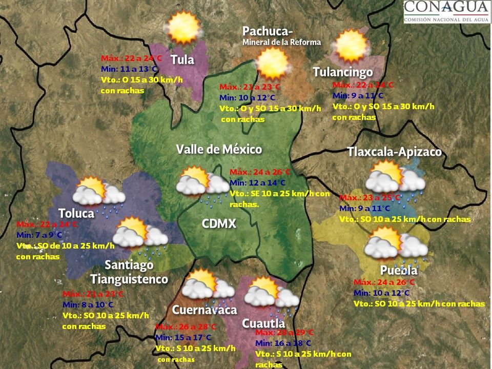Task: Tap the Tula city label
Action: [182, 60]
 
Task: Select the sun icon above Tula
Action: [183, 28]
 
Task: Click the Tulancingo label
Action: [342, 72]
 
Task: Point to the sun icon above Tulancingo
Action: [351, 45]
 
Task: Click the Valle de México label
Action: [219, 150]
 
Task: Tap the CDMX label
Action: [219, 224]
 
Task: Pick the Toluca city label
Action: [76, 213]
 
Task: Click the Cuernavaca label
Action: [204, 310]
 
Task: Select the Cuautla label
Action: [263, 323]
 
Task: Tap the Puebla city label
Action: [399, 271]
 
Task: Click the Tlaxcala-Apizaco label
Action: [394, 152]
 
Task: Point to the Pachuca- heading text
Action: [268, 32]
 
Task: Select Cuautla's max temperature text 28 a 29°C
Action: [283, 333]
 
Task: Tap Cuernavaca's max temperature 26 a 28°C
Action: [186, 327]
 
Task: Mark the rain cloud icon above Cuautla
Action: [271, 295]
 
